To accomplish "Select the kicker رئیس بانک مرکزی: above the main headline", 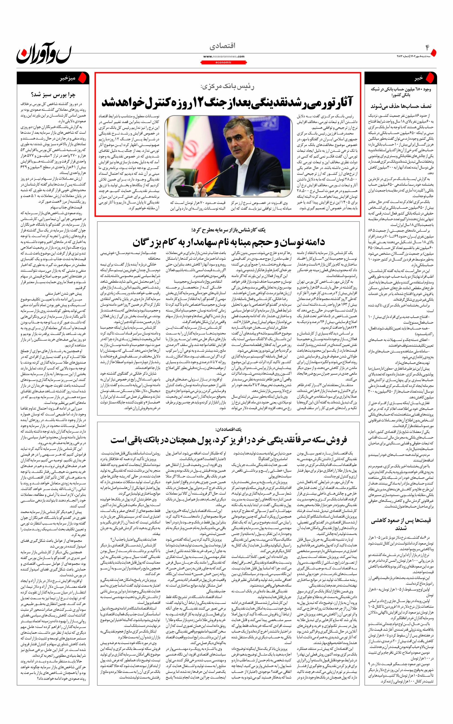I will pos(228,87).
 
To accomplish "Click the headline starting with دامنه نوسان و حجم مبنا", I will pos(228,242).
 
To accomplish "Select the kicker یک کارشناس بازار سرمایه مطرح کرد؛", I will pos(228,230).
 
